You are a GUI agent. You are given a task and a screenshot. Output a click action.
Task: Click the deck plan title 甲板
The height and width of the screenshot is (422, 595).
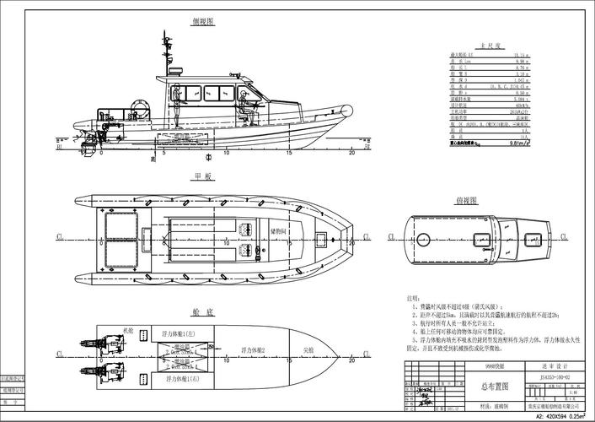click(203, 176)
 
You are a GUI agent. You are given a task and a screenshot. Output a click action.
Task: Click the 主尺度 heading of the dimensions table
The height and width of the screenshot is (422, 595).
click(489, 47)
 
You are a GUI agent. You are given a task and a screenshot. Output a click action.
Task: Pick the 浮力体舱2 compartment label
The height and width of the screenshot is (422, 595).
click(253, 349)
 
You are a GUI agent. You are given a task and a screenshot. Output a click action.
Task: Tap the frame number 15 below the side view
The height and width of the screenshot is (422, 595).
click(288, 153)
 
